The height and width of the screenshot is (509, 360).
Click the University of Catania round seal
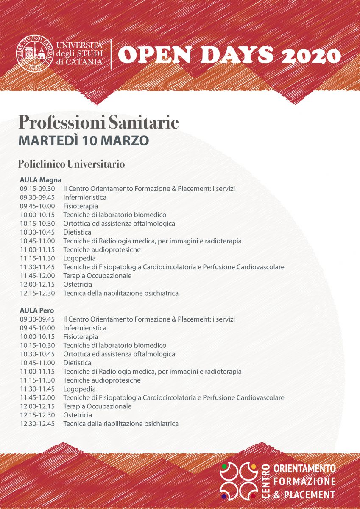35,54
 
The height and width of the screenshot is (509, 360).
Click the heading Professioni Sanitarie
98,123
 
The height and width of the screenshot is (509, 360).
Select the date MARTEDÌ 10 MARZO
84,140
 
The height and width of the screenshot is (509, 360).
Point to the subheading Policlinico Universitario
71,164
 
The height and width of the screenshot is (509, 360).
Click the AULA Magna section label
41,180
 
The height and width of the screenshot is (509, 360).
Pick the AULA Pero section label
37,310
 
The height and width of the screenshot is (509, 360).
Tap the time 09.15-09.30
37,189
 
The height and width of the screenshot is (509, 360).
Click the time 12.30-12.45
37,424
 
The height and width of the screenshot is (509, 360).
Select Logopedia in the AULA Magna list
79,258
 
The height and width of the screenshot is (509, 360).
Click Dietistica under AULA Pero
77,363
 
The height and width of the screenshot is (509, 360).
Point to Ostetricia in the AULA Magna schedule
78,284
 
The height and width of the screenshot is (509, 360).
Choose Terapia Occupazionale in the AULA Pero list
97,406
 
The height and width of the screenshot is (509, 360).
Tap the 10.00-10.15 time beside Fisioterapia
37,337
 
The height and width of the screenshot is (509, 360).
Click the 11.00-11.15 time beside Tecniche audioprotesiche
37,249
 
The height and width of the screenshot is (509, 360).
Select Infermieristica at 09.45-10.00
85,328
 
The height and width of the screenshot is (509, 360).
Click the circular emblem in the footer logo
239,481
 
